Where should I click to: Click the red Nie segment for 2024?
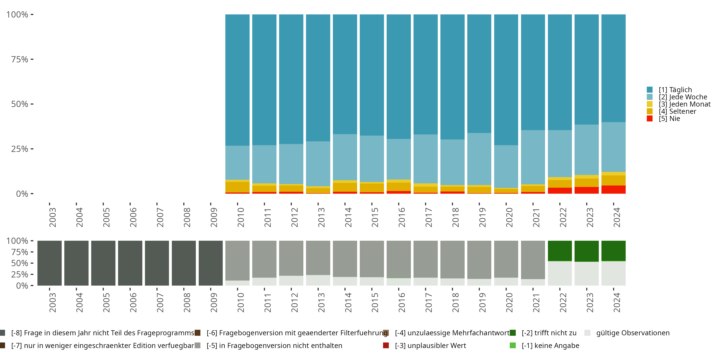coord(613,190)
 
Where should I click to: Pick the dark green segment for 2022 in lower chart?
coord(560,251)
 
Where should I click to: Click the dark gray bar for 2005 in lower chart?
coord(103,263)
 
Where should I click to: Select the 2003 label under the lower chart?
coord(52,302)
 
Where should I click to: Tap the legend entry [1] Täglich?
coord(675,90)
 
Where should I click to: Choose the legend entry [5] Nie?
coord(669,119)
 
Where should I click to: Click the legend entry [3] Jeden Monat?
coord(684,104)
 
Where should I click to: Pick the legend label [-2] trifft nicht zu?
coord(549,333)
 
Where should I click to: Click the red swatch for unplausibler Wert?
coord(386,345)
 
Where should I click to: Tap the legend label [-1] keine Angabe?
coord(550,345)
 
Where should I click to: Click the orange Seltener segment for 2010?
coord(237,187)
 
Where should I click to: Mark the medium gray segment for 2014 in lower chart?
coord(345,258)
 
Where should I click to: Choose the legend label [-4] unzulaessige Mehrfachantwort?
coord(452,333)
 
